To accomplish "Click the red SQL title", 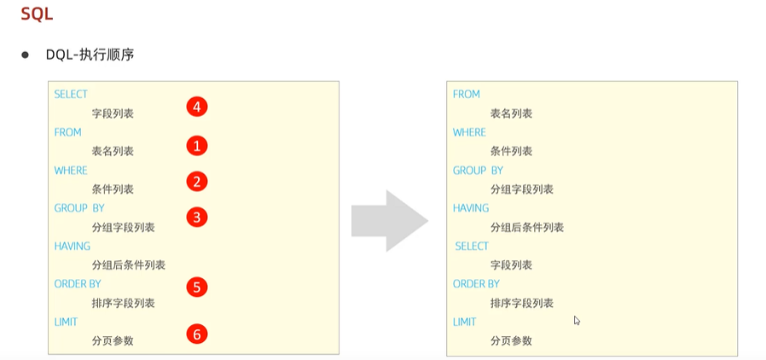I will pyautogui.click(x=37, y=15).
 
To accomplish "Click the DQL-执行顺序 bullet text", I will pyautogui.click(x=90, y=55).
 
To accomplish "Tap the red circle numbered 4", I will pyautogui.click(x=197, y=107).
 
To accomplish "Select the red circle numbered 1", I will pyautogui.click(x=197, y=146).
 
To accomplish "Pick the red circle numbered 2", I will pyautogui.click(x=197, y=181).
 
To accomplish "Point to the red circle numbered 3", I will pyautogui.click(x=197, y=218).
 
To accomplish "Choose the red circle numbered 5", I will pyautogui.click(x=197, y=287).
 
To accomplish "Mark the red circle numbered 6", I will pyautogui.click(x=197, y=334).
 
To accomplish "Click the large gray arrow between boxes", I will pyautogui.click(x=389, y=220).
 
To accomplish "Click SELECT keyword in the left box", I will pyautogui.click(x=71, y=95).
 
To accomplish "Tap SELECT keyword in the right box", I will pyautogui.click(x=472, y=247).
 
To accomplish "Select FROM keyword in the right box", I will pyautogui.click(x=467, y=95).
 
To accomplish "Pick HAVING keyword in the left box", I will pyautogui.click(x=73, y=247).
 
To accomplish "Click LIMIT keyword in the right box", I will pyautogui.click(x=465, y=322).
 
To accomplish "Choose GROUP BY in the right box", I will pyautogui.click(x=478, y=171).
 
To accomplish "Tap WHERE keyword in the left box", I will pyautogui.click(x=71, y=171).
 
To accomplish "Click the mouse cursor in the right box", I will pyautogui.click(x=577, y=321).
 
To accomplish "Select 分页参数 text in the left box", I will pyautogui.click(x=113, y=341).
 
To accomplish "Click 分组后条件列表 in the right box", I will pyautogui.click(x=527, y=228).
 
